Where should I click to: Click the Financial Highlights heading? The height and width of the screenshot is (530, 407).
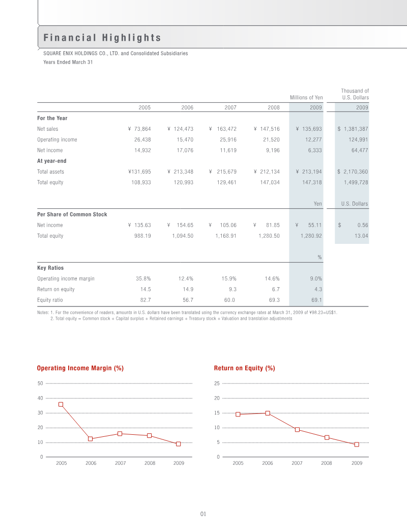point(102,38)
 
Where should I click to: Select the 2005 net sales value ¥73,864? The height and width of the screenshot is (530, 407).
point(139,129)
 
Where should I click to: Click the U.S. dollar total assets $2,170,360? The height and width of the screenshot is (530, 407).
point(353,172)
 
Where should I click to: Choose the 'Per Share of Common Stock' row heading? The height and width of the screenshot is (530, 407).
point(72,214)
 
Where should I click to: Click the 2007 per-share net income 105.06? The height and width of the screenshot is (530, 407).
point(226,225)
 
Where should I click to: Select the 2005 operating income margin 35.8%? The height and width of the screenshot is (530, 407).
point(143,278)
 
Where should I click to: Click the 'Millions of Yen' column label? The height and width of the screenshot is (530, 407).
point(306,97)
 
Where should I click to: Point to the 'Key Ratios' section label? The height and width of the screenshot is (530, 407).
point(50,268)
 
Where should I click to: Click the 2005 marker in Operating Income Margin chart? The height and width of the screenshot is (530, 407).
point(61,404)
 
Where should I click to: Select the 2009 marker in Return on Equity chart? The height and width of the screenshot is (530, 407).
point(357,444)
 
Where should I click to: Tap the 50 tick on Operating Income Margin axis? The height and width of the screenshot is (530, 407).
point(40,383)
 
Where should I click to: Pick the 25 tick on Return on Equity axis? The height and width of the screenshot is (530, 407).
point(216,383)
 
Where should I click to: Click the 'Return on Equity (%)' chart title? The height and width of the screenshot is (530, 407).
point(244,368)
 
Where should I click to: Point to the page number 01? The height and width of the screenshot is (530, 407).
point(202,514)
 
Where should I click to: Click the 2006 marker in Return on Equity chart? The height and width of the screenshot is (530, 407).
point(268,413)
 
